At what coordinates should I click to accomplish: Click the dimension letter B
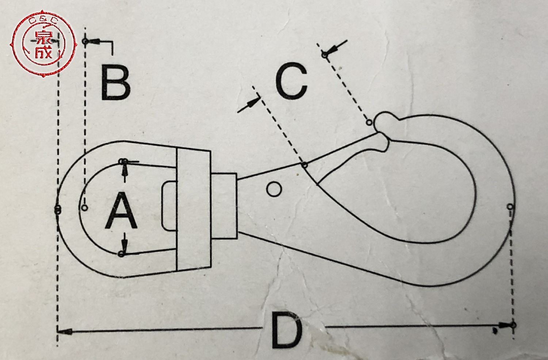click(x=115, y=82)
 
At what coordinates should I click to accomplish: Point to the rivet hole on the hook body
click(x=274, y=189)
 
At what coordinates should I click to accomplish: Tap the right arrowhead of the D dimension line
click(x=506, y=325)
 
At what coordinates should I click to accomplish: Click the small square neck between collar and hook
click(x=224, y=205)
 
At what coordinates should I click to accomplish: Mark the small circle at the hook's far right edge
click(x=510, y=207)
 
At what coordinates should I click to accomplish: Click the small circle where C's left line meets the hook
click(x=304, y=165)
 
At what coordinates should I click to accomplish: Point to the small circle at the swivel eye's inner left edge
click(x=85, y=208)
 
